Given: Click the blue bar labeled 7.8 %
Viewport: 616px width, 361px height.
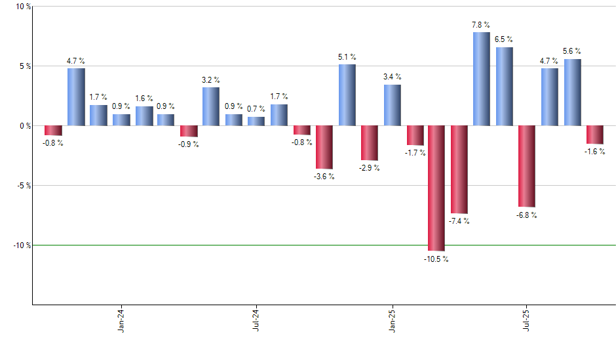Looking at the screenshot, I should (481, 79).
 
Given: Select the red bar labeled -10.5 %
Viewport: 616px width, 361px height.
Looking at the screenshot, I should (436, 188).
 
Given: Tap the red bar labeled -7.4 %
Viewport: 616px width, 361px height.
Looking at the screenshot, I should (459, 169).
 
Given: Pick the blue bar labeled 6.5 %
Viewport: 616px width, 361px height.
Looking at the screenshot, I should (504, 87).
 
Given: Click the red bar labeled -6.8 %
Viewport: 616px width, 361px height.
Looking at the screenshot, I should (526, 166).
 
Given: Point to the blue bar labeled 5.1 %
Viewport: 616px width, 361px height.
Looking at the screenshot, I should (347, 95).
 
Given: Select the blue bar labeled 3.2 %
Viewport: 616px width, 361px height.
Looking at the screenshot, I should (210, 106).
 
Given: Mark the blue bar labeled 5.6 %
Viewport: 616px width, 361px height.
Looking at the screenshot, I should (572, 92).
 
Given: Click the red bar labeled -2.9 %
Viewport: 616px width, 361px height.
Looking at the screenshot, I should (369, 142).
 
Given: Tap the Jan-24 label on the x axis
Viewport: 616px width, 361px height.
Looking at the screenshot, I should (121, 320).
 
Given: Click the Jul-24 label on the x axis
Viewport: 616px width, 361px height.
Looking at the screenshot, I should (256, 320).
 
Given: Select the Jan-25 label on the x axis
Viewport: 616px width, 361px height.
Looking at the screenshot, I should (392, 320).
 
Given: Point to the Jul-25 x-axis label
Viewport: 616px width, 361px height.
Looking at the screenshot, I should (527, 320).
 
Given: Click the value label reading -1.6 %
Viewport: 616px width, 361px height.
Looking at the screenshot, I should (594, 152).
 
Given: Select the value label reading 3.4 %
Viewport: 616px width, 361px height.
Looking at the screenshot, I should (392, 77).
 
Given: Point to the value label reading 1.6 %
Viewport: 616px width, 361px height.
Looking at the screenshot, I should (144, 98).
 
